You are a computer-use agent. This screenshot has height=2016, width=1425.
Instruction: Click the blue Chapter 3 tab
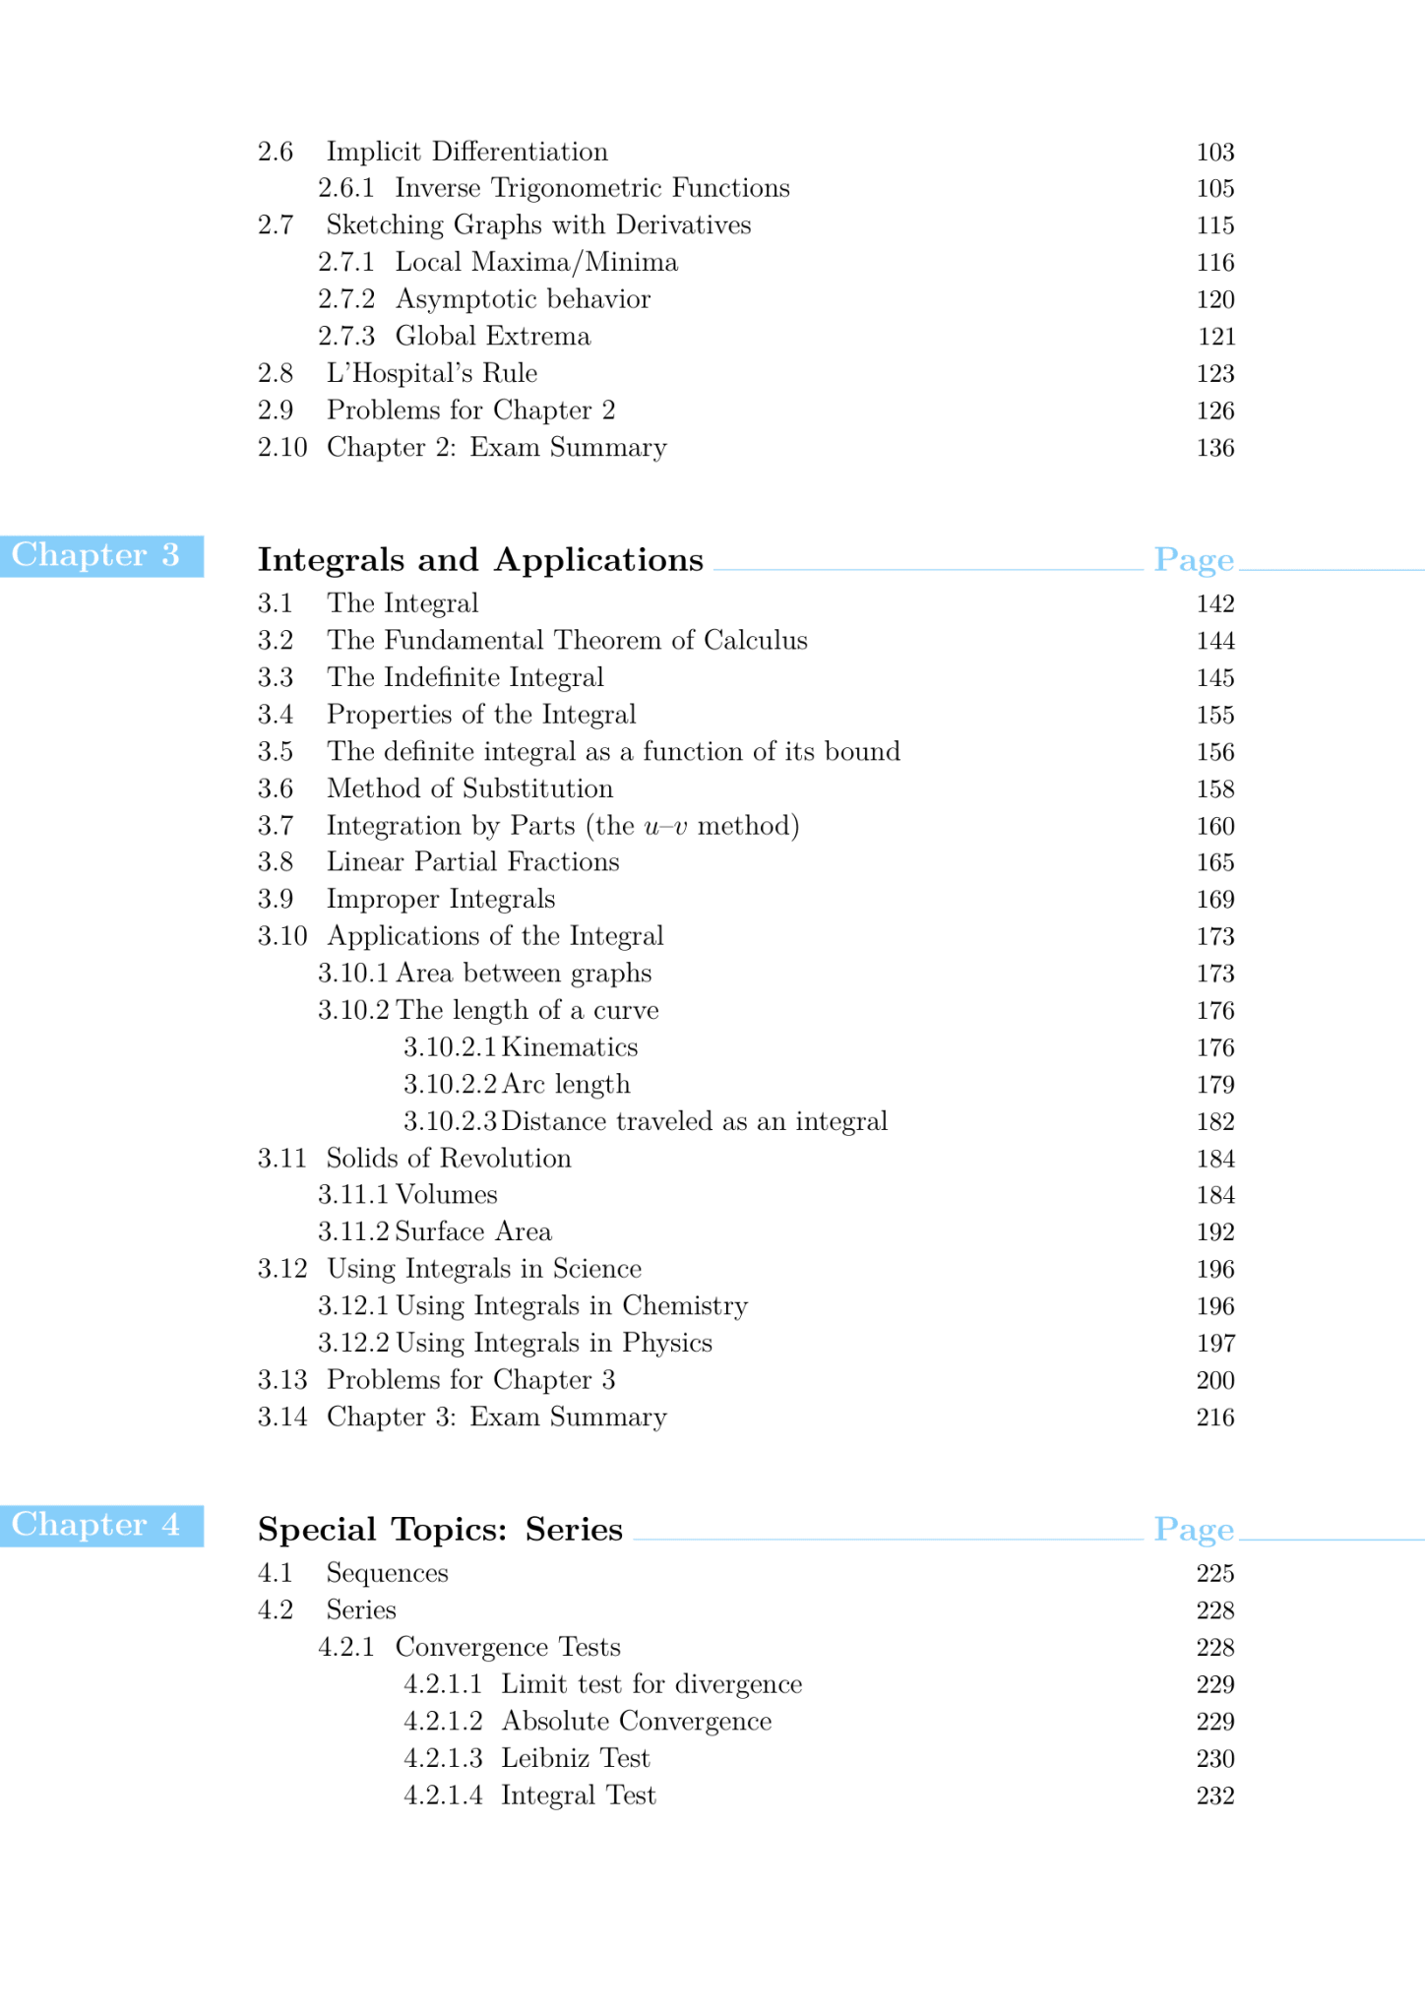point(101,556)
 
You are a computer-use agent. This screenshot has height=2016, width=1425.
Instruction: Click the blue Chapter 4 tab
point(101,1526)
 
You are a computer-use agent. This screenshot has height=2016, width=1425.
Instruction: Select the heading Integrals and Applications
point(480,560)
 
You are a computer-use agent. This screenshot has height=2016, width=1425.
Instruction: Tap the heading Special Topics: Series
point(440,1530)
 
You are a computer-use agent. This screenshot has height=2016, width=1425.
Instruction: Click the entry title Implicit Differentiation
point(466,152)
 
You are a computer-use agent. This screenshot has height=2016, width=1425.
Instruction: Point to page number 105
point(1215,189)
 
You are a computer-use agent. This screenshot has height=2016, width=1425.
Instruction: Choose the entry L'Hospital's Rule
point(431,374)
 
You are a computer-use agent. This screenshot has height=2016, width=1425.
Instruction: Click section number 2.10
point(282,448)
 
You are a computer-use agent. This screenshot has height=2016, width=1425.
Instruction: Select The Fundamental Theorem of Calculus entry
point(567,641)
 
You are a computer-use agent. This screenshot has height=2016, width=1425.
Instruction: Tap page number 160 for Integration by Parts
point(1215,827)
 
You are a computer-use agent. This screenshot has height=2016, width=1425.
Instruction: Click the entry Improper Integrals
point(441,900)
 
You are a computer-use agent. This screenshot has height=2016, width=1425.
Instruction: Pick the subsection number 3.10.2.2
point(450,1085)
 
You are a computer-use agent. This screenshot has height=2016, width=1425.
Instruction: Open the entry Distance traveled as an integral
point(694,1122)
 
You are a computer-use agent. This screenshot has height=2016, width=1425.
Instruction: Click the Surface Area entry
point(472,1232)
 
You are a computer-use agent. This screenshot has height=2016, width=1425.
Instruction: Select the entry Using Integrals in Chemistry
point(571,1306)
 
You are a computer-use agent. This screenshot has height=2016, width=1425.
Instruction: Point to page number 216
point(1215,1417)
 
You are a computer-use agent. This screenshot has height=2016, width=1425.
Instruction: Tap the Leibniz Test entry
point(575,1759)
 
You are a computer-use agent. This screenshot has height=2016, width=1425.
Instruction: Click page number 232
point(1215,1796)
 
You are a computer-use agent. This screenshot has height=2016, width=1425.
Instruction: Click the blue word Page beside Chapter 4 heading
point(1194,1530)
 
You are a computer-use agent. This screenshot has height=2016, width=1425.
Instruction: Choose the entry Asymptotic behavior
point(523,299)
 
